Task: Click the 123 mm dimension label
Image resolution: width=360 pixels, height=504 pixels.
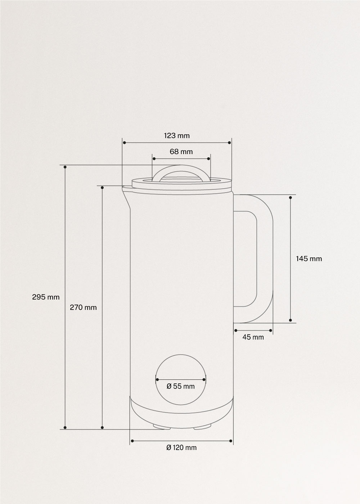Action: [x=176, y=136]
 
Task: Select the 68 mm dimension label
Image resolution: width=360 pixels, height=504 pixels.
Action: [x=181, y=152]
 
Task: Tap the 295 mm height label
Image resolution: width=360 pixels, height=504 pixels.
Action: [x=46, y=297]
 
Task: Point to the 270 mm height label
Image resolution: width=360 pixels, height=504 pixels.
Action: [x=83, y=307]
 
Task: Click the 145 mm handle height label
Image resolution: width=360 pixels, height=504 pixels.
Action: [x=309, y=258]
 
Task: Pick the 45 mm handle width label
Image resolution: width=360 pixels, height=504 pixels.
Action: [x=253, y=337]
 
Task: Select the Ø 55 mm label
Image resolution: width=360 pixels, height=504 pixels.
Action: [x=181, y=386]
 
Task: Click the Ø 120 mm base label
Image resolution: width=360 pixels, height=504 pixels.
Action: [x=181, y=447]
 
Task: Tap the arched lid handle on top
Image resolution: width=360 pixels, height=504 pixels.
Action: [x=181, y=169]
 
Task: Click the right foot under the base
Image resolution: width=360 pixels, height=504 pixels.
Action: [x=202, y=427]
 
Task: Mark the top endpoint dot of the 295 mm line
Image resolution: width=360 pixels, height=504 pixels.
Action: [x=65, y=167]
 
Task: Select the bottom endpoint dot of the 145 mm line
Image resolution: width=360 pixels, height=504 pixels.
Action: [x=291, y=320]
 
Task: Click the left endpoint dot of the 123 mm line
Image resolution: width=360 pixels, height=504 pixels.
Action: [x=124, y=143]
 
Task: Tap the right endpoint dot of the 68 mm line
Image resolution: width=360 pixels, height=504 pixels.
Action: [x=209, y=159]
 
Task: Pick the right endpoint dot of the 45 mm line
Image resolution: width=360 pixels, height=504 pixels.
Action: [x=270, y=330]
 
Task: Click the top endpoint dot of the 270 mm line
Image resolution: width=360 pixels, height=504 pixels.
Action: [x=102, y=187]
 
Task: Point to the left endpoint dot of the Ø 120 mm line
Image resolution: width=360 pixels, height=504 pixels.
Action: [x=132, y=441]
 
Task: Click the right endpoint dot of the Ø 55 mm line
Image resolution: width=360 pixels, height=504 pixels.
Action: [x=204, y=379]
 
